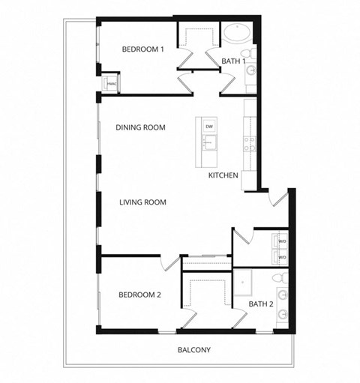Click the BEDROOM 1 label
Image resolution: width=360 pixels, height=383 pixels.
(x=142, y=49)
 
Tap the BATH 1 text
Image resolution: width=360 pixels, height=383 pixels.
(x=233, y=61)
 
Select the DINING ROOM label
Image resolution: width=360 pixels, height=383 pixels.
(x=140, y=127)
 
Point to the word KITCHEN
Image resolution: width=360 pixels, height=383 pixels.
(x=223, y=175)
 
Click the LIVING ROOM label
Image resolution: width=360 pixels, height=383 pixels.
(x=142, y=202)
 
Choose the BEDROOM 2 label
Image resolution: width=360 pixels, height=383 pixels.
(x=139, y=295)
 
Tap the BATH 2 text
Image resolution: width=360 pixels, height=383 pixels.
(x=261, y=304)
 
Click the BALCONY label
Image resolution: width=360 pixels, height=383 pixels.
(x=193, y=350)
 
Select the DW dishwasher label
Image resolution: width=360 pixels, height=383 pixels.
(x=208, y=126)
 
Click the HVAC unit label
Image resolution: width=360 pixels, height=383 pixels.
(x=110, y=84)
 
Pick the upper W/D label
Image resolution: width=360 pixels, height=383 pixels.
(x=283, y=241)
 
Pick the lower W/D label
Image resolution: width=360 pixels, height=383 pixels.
(x=283, y=257)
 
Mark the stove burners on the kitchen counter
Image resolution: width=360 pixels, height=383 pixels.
(x=249, y=143)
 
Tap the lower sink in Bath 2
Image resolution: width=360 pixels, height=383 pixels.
(x=283, y=316)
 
